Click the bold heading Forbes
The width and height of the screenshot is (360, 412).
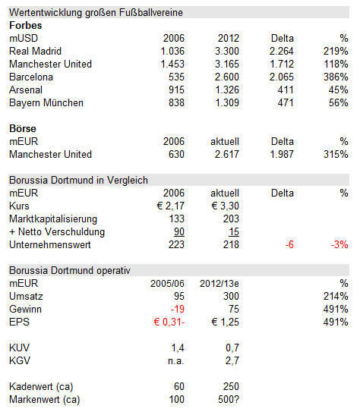point(27,25)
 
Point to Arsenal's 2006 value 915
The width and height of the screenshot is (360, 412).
point(175,90)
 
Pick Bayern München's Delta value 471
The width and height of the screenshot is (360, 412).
point(285,102)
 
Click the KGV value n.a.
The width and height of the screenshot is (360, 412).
point(175,360)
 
